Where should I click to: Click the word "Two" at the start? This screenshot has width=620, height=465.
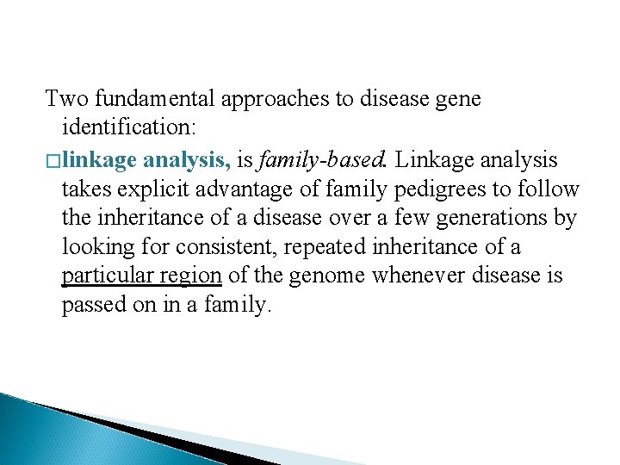65,99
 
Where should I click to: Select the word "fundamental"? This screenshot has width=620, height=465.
152,99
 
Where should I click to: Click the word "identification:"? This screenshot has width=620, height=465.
129,128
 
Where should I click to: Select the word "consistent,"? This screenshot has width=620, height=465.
228,247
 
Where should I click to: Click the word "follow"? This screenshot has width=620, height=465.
552,189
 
